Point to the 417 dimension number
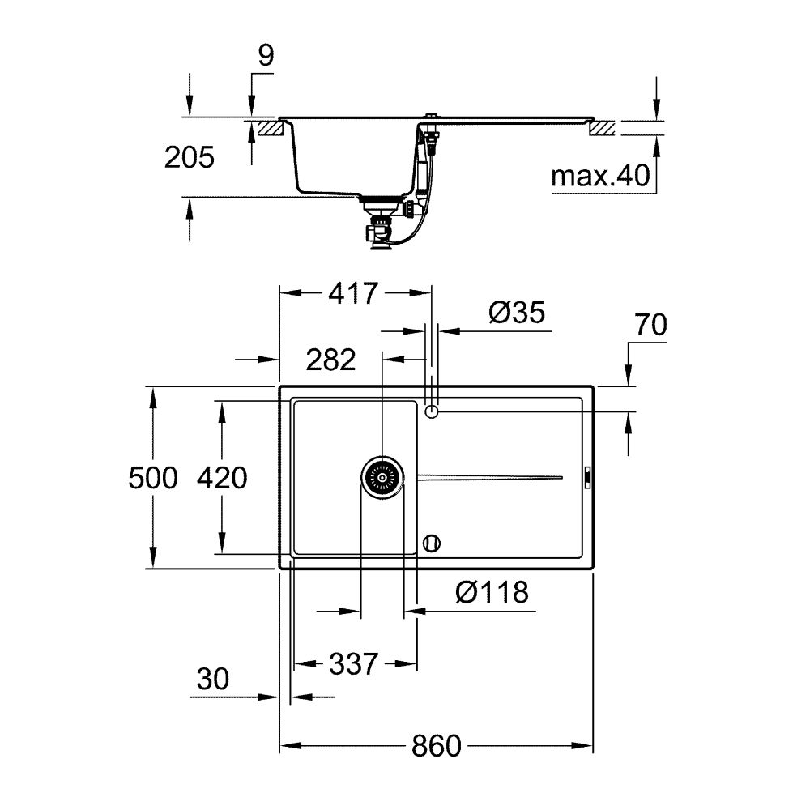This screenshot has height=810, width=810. click(x=353, y=292)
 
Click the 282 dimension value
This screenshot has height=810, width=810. click(x=330, y=359)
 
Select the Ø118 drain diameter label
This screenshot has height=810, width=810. click(x=492, y=593)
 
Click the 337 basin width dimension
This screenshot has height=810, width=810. click(x=353, y=665)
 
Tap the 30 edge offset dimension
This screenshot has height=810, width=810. click(x=214, y=679)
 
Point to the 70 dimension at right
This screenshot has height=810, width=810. click(x=650, y=326)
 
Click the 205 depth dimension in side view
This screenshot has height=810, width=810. click(x=189, y=157)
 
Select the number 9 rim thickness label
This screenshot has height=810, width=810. click(x=266, y=56)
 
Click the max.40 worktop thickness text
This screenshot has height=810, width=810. click(x=601, y=176)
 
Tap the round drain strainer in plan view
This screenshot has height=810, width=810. click(x=382, y=478)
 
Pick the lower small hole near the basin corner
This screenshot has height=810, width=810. click(x=433, y=543)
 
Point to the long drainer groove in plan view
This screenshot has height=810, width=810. click(x=490, y=478)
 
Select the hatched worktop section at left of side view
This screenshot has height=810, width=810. click(x=270, y=128)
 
